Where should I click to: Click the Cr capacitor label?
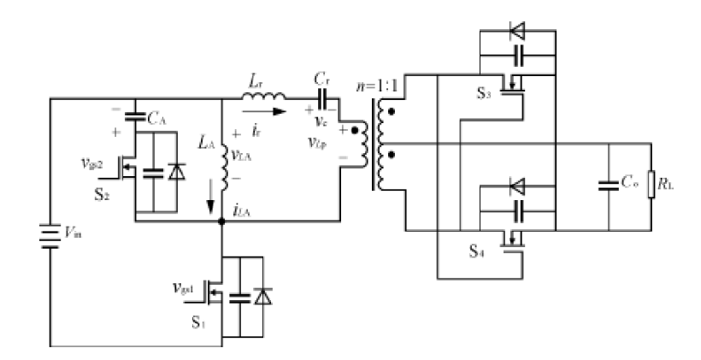pyautogui.click(x=322, y=79)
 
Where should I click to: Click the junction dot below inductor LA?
pyautogui.click(x=222, y=221)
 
